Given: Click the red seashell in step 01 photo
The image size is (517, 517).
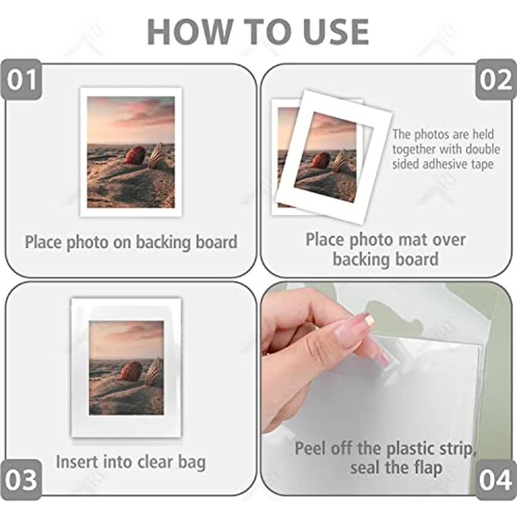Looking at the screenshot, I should tap(135, 155).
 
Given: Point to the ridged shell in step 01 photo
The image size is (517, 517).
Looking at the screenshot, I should tap(157, 155).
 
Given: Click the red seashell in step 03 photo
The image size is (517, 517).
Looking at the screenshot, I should tap(132, 371).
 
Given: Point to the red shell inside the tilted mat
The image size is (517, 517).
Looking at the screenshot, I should tap(321, 160).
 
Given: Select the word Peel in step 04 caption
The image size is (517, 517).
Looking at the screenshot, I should tap(311, 448).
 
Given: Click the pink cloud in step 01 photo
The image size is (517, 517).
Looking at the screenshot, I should tap(148, 111).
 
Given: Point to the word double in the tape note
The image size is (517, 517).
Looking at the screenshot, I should tap(482, 149).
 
